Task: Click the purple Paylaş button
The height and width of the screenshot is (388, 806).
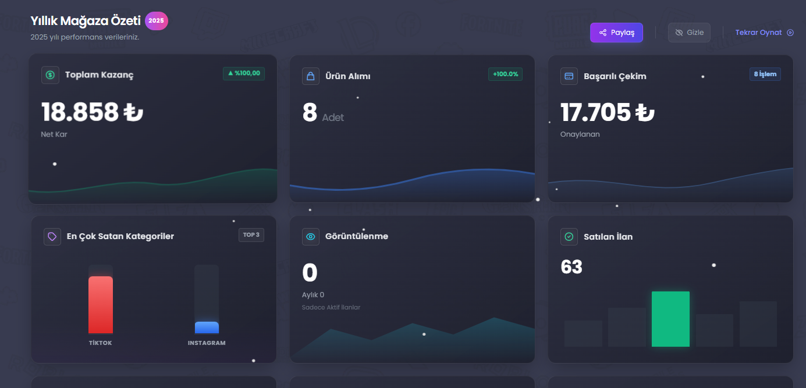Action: pyautogui.click(x=616, y=33)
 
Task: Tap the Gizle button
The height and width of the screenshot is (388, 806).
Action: pyautogui.click(x=689, y=33)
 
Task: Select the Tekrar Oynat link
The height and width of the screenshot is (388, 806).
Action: pyautogui.click(x=764, y=33)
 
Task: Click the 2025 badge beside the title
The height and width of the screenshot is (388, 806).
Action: pyautogui.click(x=156, y=21)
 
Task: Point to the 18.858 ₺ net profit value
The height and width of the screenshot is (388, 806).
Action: pyautogui.click(x=92, y=112)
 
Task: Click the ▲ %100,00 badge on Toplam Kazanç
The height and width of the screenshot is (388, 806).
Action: pyautogui.click(x=244, y=73)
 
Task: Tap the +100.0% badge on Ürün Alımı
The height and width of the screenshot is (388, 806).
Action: pyautogui.click(x=505, y=74)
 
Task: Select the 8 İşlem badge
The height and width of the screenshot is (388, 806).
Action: pyautogui.click(x=765, y=74)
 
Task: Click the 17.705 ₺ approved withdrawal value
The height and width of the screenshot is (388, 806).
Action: pyautogui.click(x=608, y=112)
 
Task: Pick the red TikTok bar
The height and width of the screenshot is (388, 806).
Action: pyautogui.click(x=101, y=305)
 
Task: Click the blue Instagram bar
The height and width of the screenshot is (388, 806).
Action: pyautogui.click(x=207, y=328)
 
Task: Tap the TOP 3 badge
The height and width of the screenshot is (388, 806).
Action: pyautogui.click(x=251, y=235)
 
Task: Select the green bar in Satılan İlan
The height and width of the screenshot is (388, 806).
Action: pyautogui.click(x=671, y=319)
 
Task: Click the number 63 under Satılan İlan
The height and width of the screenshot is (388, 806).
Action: pyautogui.click(x=571, y=267)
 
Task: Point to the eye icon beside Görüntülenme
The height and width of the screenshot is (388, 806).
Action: pyautogui.click(x=311, y=237)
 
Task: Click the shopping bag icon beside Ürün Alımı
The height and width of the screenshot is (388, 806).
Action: pyautogui.click(x=311, y=76)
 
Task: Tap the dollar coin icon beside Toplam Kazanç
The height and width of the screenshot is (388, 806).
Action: pyautogui.click(x=50, y=75)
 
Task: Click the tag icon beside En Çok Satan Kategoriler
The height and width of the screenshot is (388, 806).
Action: pyautogui.click(x=52, y=237)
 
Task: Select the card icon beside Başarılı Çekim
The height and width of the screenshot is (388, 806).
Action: pyautogui.click(x=569, y=76)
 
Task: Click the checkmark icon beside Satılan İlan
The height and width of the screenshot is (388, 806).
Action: pyautogui.click(x=569, y=237)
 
